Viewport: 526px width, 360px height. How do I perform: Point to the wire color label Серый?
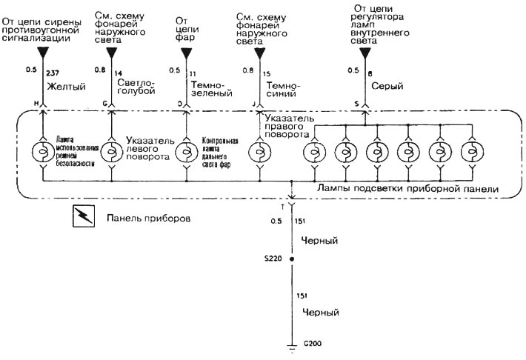coord(387,87)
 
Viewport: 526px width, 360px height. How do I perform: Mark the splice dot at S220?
coord(291,260)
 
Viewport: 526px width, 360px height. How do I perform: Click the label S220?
coord(271,260)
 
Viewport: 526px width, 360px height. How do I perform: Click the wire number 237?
coord(53,72)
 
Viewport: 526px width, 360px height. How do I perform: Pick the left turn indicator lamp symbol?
coord(112,153)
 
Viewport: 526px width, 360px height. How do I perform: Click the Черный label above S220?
coord(321,241)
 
